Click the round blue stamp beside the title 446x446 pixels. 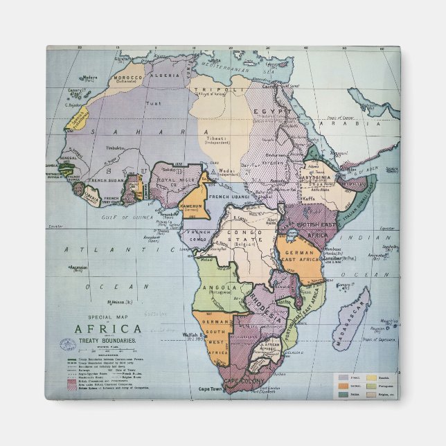tap(68, 344)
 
